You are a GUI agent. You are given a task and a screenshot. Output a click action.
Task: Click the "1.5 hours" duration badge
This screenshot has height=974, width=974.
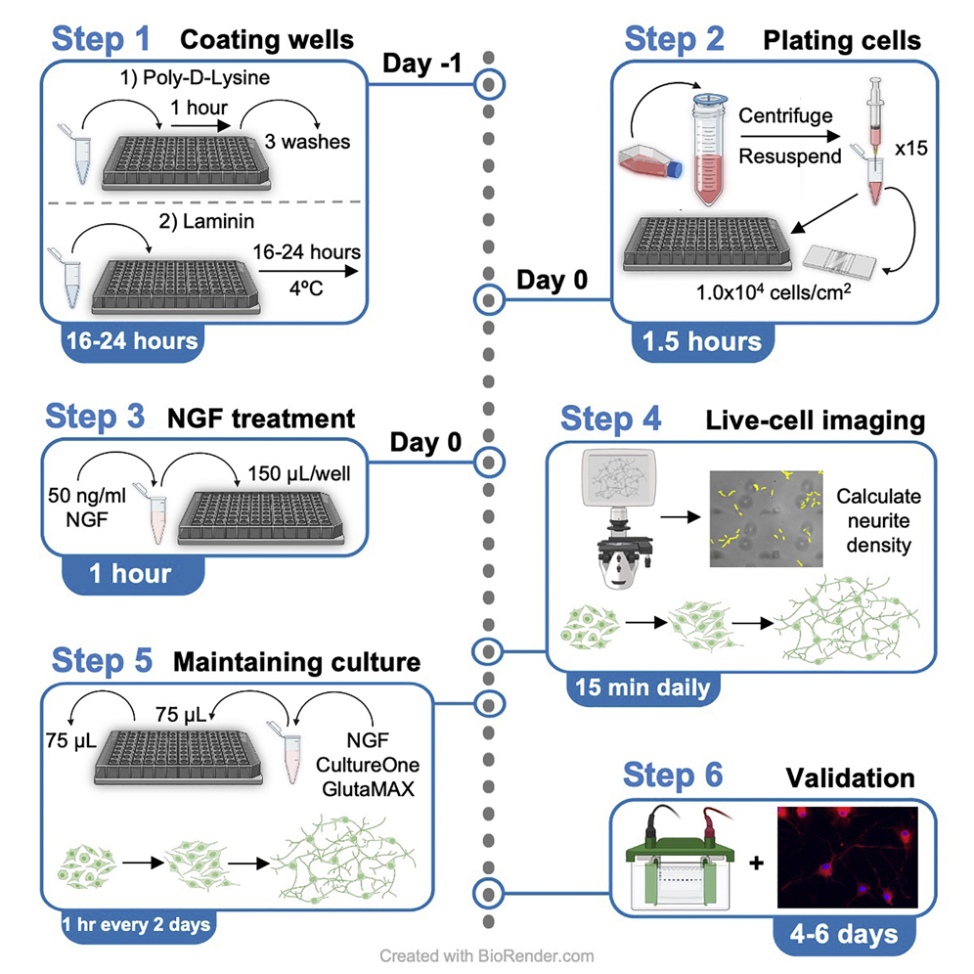[701, 342]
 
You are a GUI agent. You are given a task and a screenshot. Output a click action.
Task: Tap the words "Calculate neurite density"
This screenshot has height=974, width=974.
[878, 522]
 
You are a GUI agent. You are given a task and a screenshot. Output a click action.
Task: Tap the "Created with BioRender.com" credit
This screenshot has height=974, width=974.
[486, 955]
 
